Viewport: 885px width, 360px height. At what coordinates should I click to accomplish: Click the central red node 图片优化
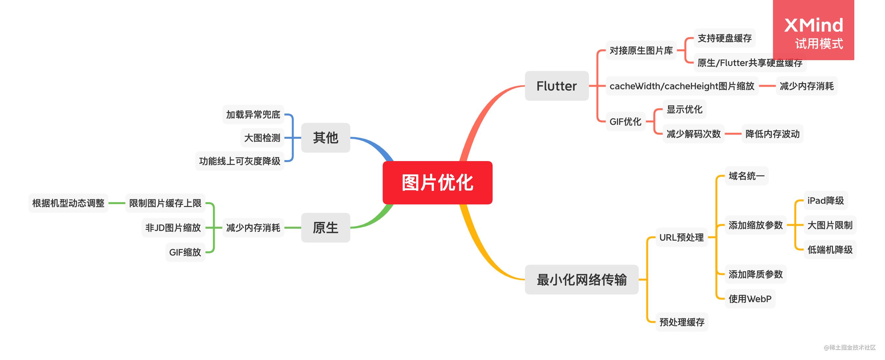437,182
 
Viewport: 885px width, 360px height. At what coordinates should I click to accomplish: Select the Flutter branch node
556,86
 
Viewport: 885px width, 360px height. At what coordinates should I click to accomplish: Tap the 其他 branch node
325,138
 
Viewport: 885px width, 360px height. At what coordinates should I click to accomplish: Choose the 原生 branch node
325,227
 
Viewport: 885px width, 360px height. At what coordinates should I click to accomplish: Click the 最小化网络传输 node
581,279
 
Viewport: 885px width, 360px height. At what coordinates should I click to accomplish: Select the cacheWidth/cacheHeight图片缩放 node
682,86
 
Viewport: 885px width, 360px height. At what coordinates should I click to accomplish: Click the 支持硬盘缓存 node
724,38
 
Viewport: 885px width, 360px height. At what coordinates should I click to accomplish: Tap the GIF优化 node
625,122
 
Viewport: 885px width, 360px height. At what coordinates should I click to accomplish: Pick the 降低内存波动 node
772,134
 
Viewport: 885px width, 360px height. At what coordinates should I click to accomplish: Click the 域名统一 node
746,176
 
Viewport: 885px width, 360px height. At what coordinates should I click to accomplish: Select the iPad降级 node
825,200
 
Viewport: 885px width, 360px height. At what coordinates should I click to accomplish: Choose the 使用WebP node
750,299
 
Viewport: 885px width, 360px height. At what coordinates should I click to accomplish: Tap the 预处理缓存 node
682,322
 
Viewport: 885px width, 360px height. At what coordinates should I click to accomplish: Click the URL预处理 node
681,237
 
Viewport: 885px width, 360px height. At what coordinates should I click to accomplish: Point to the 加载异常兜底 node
253,115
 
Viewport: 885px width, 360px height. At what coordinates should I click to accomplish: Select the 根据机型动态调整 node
68,203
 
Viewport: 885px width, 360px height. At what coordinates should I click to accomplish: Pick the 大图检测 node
262,138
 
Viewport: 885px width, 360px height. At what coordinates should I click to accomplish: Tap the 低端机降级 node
830,250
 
